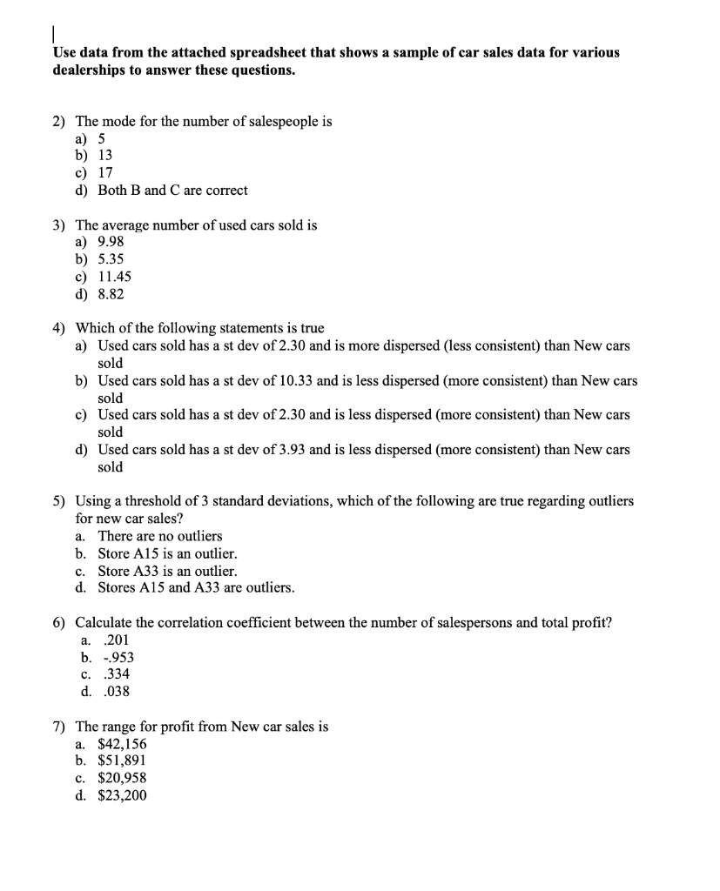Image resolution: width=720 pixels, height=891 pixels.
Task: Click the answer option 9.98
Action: pyautogui.click(x=111, y=242)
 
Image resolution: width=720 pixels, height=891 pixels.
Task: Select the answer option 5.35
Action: pyautogui.click(x=111, y=259)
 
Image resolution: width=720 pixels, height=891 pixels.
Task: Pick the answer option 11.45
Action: pyautogui.click(x=114, y=277)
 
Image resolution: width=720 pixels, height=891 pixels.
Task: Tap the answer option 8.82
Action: pyautogui.click(x=111, y=294)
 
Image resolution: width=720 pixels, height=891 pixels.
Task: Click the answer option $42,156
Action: pyautogui.click(x=122, y=744)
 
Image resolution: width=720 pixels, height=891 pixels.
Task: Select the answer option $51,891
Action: pyautogui.click(x=122, y=760)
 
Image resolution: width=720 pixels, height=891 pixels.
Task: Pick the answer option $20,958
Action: pyautogui.click(x=122, y=778)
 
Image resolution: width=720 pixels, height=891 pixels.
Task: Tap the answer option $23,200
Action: pyautogui.click(x=122, y=795)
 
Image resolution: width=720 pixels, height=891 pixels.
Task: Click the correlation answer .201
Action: pyautogui.click(x=116, y=640)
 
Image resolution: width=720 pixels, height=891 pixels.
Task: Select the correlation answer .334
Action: pyautogui.click(x=116, y=674)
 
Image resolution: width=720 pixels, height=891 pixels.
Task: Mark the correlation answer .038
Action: pyautogui.click(x=116, y=692)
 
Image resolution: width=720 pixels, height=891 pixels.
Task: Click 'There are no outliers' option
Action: pyautogui.click(x=159, y=536)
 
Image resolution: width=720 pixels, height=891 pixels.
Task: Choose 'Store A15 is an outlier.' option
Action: pyautogui.click(x=167, y=553)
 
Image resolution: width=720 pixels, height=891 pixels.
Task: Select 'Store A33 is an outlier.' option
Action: pyautogui.click(x=167, y=571)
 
